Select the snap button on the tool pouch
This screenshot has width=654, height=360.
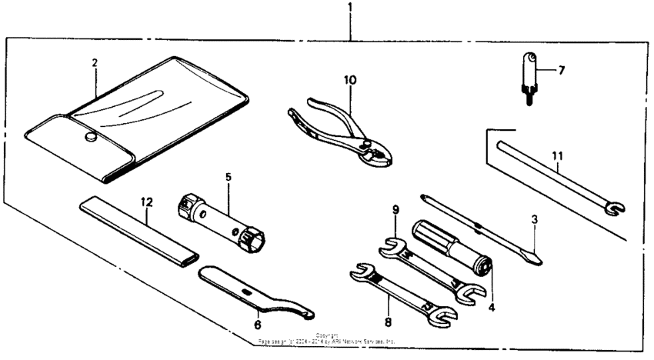(x=89, y=138)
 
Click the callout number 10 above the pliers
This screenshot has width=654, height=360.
(x=350, y=80)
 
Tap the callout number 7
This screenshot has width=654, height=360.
(x=561, y=70)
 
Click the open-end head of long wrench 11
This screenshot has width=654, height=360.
(x=616, y=207)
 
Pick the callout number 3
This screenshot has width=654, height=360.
(x=535, y=218)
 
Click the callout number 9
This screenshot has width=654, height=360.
(x=395, y=208)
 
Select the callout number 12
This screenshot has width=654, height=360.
(x=147, y=202)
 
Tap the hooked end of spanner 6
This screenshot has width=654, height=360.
(x=307, y=312)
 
